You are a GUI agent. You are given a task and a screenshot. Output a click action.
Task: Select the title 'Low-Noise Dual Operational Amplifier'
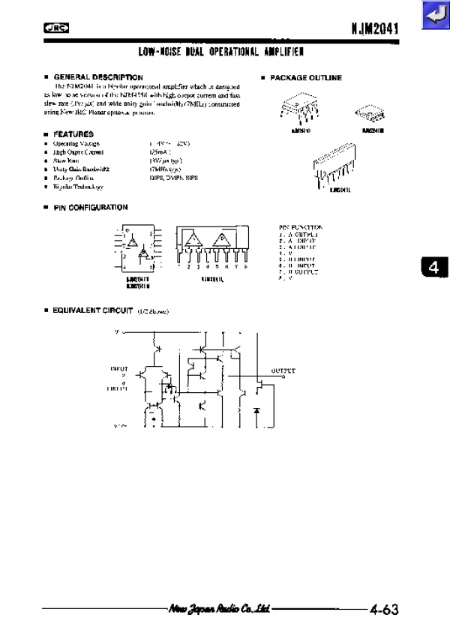coord(221,52)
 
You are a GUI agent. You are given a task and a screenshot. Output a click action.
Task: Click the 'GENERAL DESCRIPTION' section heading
coord(98,77)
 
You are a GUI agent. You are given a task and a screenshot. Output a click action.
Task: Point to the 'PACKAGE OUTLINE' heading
coord(305,78)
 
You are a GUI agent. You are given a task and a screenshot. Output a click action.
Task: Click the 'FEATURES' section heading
coord(73,133)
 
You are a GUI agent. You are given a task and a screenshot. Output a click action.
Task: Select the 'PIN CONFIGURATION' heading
coord(90,208)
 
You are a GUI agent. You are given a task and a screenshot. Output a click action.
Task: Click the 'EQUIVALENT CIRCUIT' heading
coord(93,310)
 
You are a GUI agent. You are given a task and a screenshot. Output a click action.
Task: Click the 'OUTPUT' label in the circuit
coord(283,370)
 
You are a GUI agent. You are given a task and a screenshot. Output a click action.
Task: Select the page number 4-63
coord(382,610)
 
